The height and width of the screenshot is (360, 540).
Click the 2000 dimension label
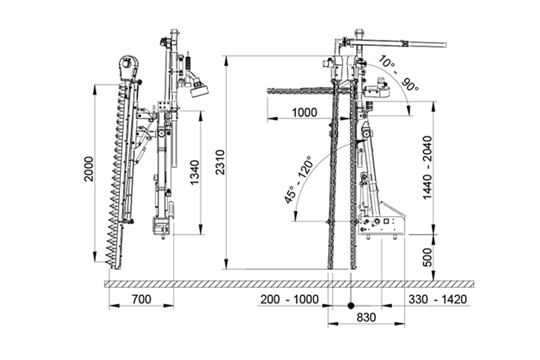point(89,169)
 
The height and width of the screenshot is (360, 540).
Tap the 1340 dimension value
point(195,173)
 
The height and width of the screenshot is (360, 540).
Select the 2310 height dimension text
point(220,162)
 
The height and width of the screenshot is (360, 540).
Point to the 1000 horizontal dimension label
point(304,112)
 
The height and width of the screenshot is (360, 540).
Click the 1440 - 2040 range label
point(427,168)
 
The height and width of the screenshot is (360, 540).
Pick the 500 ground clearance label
point(427,257)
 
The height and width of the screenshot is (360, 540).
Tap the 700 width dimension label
point(141,299)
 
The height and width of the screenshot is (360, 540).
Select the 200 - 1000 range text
point(290,299)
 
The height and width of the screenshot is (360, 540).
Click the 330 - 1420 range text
point(437,299)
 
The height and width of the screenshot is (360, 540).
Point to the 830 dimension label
point(366,317)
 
